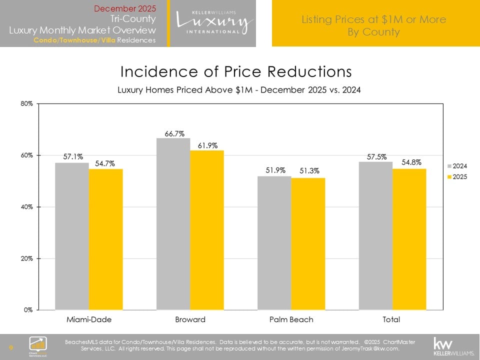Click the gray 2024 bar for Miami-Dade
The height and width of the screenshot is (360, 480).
72,236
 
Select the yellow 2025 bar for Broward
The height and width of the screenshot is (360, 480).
207,230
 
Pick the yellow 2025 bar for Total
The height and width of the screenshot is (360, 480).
409,239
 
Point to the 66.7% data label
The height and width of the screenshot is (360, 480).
174,133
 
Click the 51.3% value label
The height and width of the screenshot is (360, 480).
309,171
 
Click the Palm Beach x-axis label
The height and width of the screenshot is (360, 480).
291,319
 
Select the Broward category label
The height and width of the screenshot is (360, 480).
190,319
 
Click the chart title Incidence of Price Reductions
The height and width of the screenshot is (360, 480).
236,72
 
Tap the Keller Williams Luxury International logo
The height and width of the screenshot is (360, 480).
213,22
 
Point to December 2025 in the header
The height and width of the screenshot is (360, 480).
125,8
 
